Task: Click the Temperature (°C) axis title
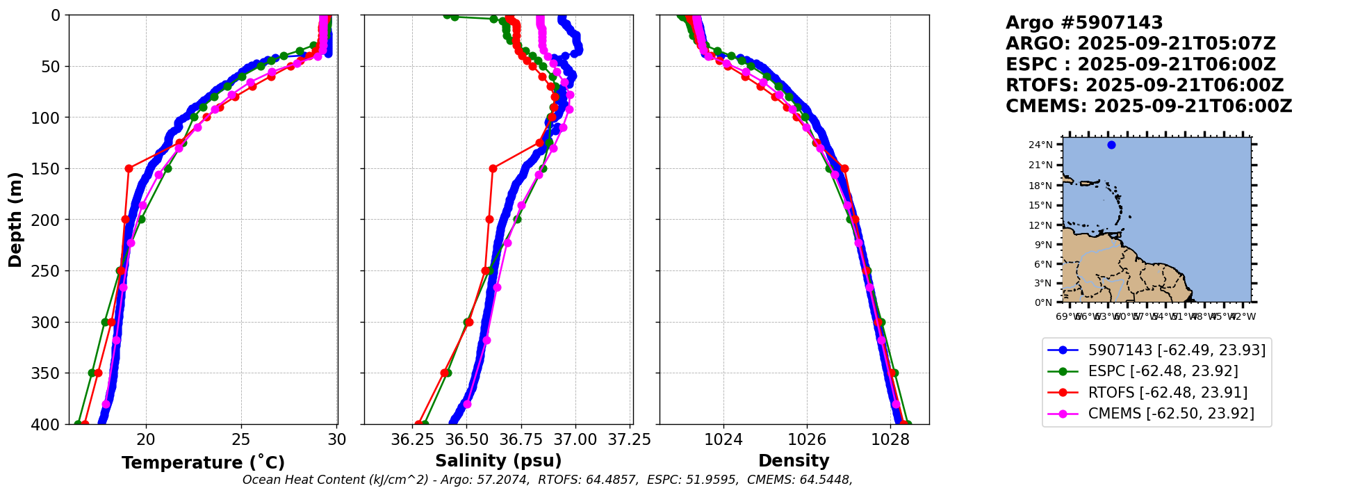click(203, 463)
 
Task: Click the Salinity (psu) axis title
click(498, 461)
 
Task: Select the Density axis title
click(794, 461)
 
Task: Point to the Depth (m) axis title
click(15, 220)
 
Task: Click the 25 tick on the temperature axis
click(241, 439)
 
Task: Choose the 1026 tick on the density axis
click(807, 439)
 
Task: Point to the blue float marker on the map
click(1111, 145)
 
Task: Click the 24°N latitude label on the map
click(1040, 145)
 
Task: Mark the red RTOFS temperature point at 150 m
click(129, 168)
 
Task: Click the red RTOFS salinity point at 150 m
click(493, 168)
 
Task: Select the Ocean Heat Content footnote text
click(547, 480)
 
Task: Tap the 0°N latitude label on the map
click(1043, 302)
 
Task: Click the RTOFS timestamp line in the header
click(1145, 86)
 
